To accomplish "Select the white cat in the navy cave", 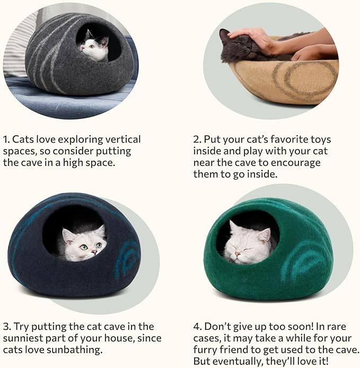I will coord(84,243).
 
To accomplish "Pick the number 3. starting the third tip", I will coord(7,326).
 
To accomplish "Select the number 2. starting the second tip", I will coord(197,139).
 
